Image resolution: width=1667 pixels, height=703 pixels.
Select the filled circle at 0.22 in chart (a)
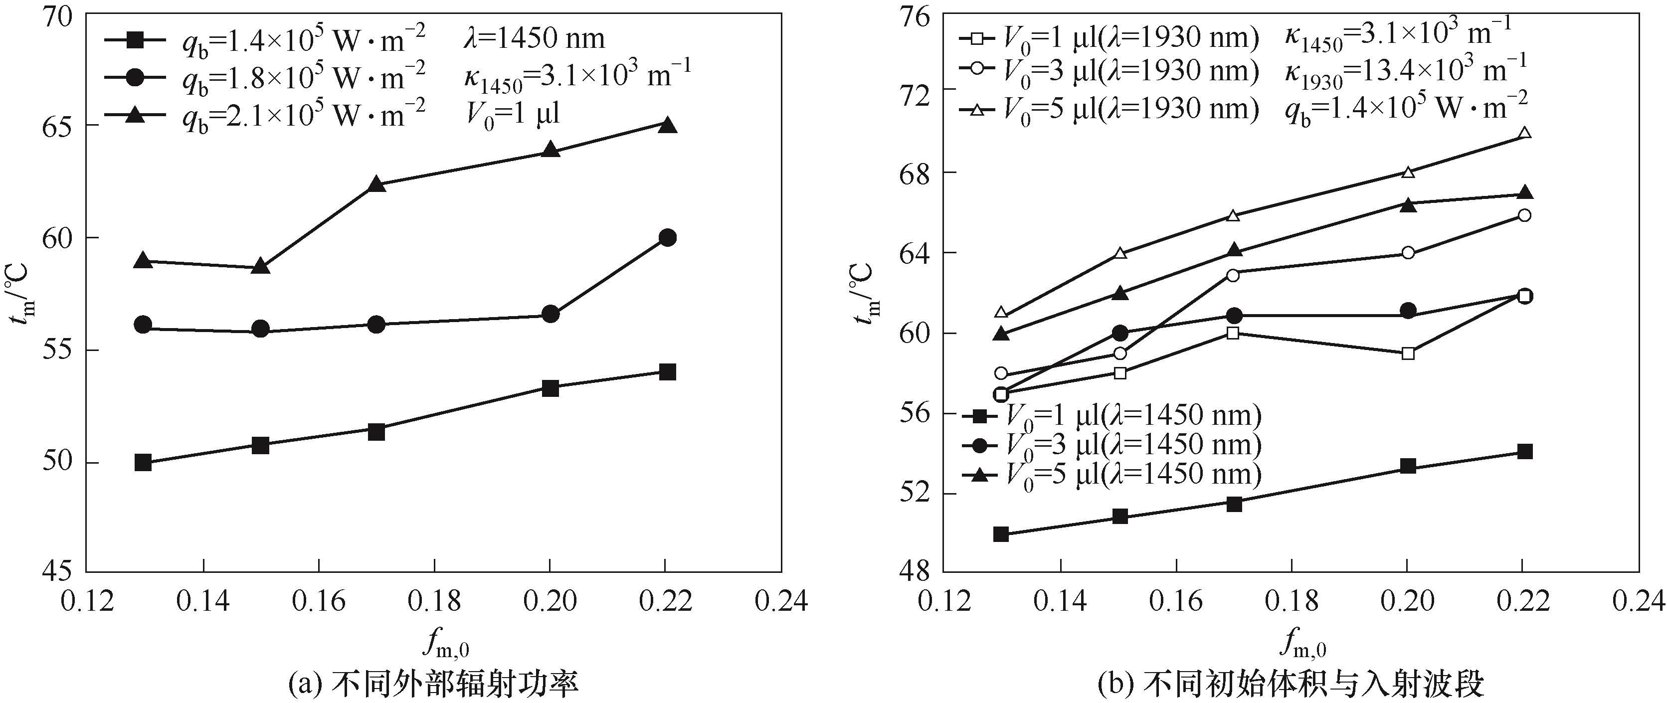click(667, 237)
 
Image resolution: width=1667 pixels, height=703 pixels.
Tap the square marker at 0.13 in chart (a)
click(143, 462)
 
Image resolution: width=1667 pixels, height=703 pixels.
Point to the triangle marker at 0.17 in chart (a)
click(376, 184)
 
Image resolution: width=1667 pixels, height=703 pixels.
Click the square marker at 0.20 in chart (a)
click(550, 388)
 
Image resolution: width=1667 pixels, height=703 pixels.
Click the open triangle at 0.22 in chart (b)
click(1524, 133)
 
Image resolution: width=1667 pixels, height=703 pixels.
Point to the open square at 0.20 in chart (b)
click(1408, 353)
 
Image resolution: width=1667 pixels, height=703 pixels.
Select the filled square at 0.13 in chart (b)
click(1001, 534)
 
